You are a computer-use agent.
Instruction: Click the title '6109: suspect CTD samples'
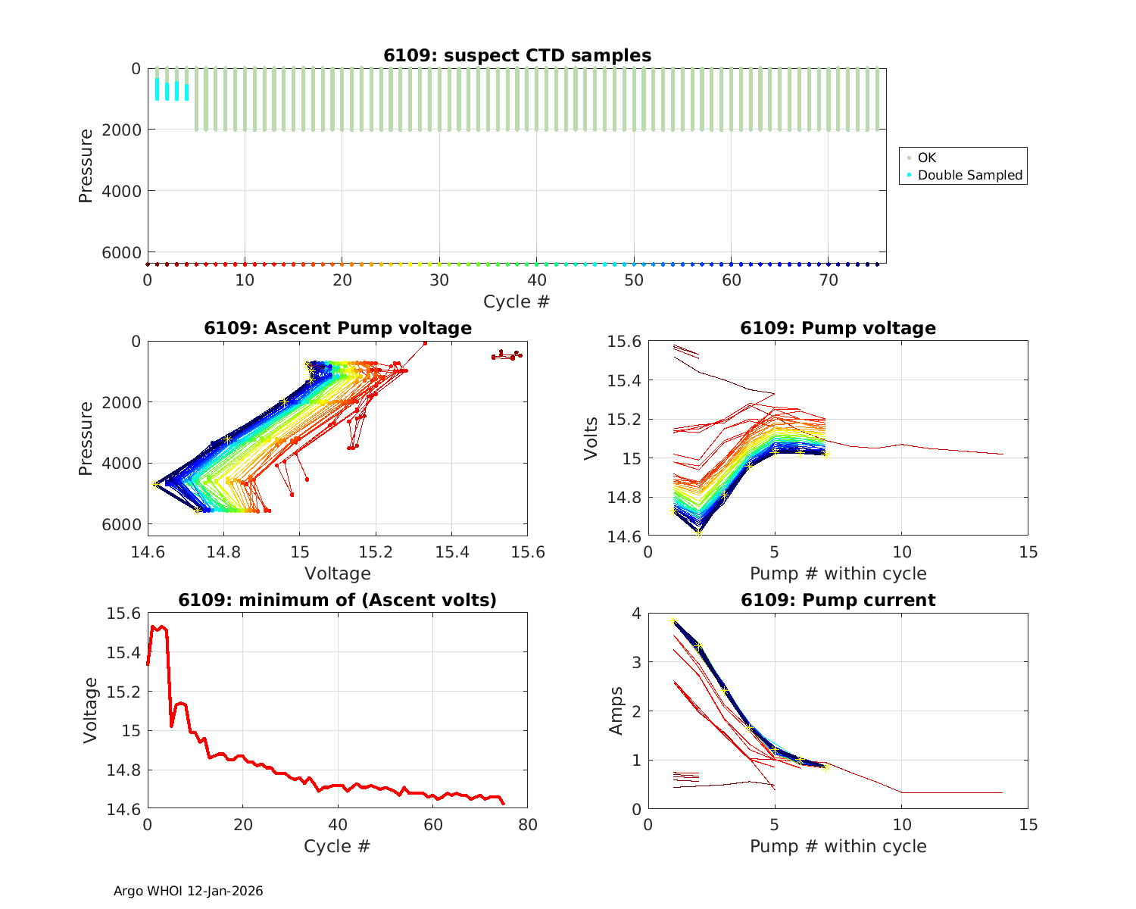(x=517, y=55)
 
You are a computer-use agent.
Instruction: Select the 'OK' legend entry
(x=926, y=158)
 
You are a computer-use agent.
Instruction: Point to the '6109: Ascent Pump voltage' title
(x=338, y=328)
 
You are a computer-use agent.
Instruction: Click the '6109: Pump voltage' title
(x=838, y=328)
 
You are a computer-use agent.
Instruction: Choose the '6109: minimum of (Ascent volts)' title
(x=338, y=600)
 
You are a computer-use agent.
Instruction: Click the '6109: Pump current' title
(x=838, y=600)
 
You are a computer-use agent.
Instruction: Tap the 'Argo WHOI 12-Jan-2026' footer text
(x=188, y=891)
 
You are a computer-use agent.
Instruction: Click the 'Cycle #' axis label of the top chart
(x=517, y=301)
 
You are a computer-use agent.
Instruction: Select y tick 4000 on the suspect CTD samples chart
(x=125, y=191)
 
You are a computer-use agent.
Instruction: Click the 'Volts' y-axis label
(x=591, y=439)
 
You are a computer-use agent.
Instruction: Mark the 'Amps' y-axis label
(x=617, y=711)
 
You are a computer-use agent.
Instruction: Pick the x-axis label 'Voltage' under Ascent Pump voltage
(x=338, y=573)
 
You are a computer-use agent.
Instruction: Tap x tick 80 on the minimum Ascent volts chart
(x=527, y=825)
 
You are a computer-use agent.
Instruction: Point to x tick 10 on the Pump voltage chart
(x=901, y=552)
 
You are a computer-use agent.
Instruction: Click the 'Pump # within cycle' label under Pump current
(x=838, y=846)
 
